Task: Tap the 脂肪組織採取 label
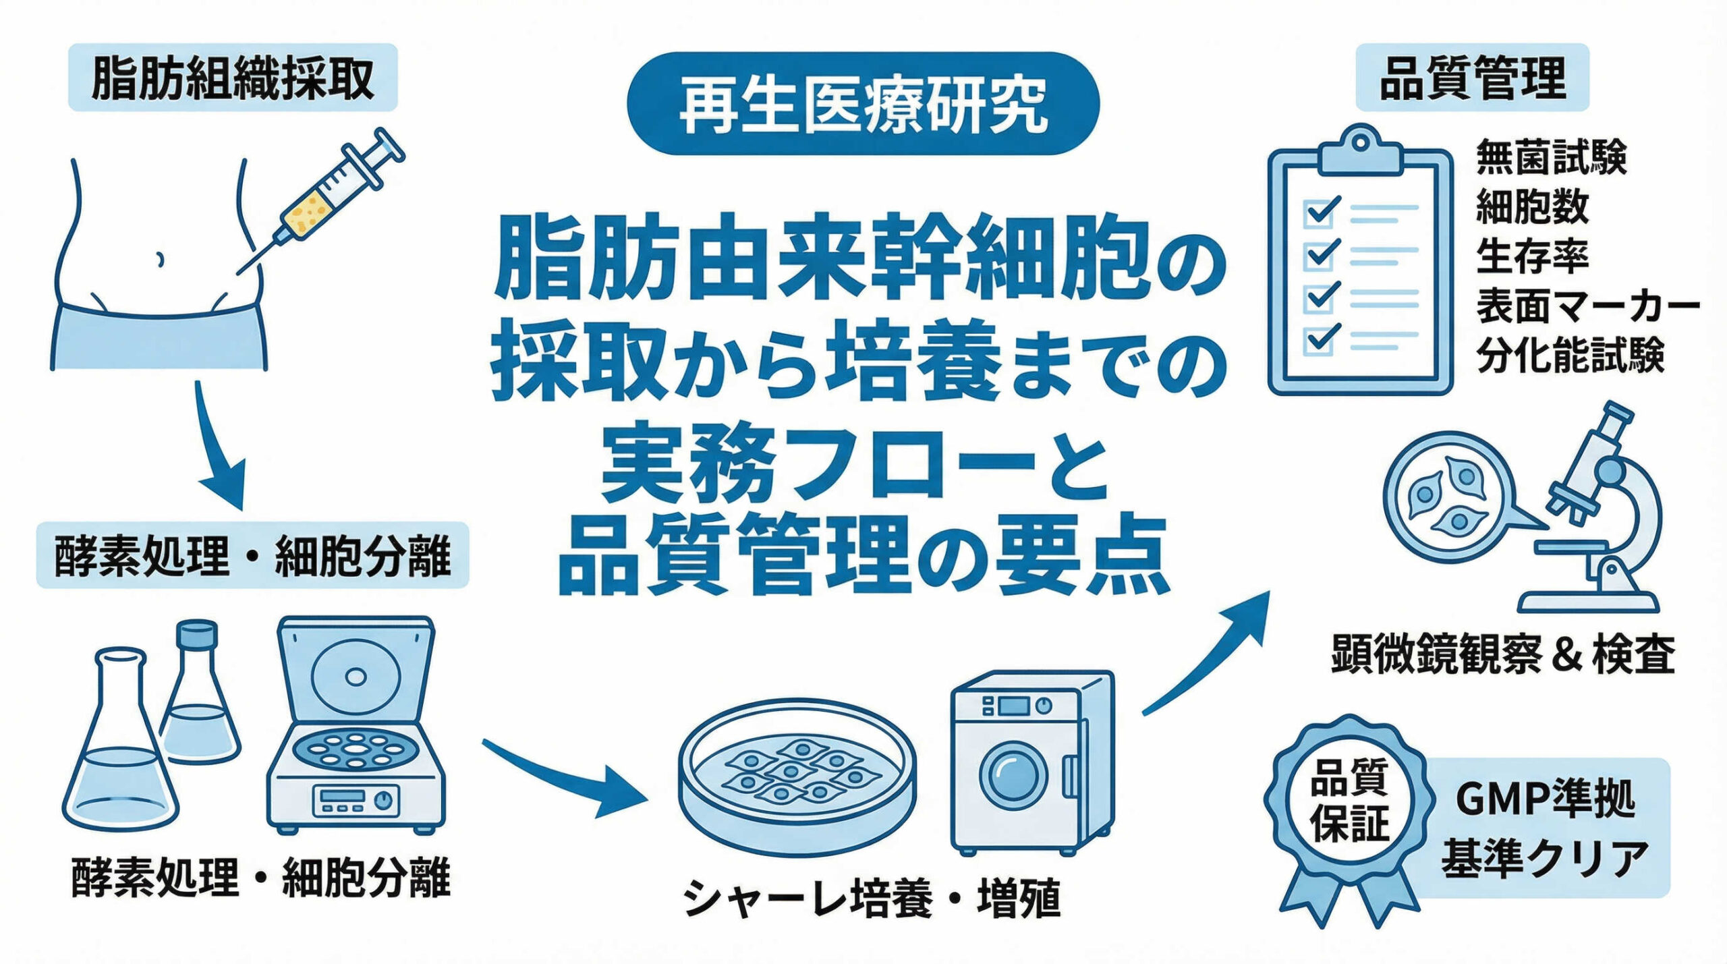pos(233,78)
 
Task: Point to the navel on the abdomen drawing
pos(160,260)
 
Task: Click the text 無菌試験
pos(1551,158)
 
